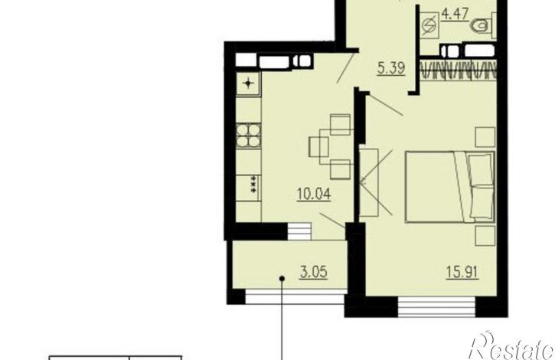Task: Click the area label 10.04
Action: (314, 195)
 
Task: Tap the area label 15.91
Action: (462, 272)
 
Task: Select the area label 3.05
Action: (313, 273)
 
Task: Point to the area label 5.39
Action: (390, 67)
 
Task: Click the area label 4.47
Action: (455, 15)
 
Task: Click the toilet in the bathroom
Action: (483, 25)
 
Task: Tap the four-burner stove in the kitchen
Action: (249, 135)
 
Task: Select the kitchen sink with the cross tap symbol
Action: (248, 84)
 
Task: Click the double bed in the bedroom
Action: (449, 187)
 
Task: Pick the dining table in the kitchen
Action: (336, 146)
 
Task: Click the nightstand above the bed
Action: (485, 137)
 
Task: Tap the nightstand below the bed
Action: (485, 236)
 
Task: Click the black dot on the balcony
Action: (282, 279)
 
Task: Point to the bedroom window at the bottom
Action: (436, 307)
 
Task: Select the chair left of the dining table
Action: (318, 147)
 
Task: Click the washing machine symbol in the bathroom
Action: (430, 26)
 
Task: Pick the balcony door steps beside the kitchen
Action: (299, 232)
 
